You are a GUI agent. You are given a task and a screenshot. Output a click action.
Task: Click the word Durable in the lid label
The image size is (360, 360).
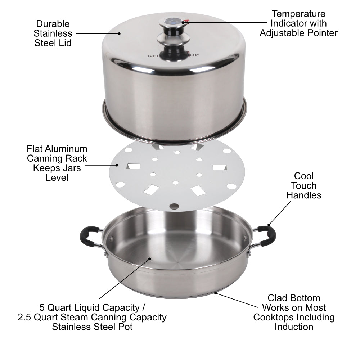coord(53,24)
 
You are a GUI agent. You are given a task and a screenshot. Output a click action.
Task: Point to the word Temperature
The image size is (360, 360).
coord(298,14)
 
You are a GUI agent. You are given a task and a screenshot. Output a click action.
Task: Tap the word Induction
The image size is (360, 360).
coord(294,327)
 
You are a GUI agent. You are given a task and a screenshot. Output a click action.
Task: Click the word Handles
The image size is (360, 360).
coord(304,195)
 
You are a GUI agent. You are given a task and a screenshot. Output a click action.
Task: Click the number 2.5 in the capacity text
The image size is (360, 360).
coord(26,317)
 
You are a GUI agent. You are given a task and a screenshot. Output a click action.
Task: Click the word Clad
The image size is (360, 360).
coord(277,298)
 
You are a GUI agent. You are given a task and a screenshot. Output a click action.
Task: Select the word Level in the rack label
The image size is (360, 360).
coord(57,177)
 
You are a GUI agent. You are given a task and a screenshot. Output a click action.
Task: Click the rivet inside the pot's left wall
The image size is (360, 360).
coord(111,238)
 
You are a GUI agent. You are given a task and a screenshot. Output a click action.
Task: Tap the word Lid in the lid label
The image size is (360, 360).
coord(65,43)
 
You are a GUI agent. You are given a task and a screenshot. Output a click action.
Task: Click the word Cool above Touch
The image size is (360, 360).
coord(304,176)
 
